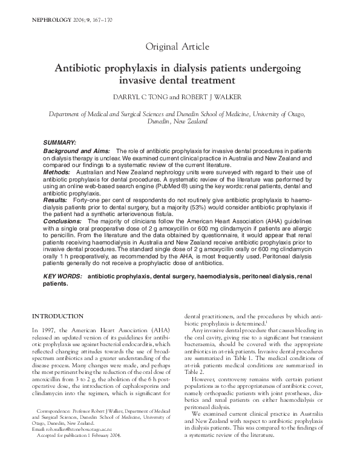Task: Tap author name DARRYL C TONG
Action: pos(139,97)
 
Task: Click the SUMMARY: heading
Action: pos(59,141)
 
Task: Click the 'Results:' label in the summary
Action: pos(56,200)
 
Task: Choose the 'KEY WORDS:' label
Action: pos(63,277)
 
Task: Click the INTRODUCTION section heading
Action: pos(58,316)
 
